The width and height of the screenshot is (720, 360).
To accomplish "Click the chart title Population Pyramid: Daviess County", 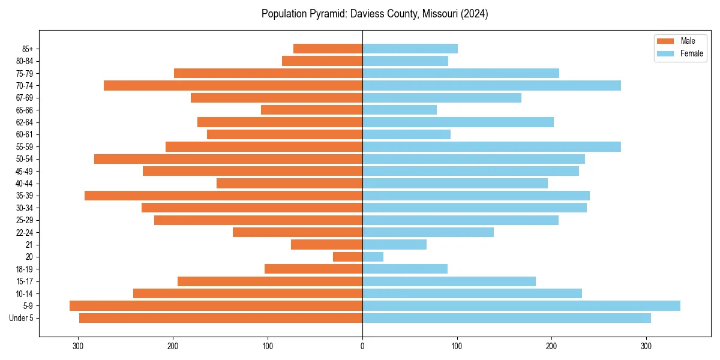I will [374, 14].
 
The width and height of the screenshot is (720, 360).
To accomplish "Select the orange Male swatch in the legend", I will [665, 41].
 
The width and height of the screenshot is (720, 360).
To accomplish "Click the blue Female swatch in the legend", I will [665, 53].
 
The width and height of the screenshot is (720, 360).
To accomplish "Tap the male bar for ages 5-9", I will [216, 306].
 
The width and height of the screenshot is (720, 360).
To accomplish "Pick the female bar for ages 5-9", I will [521, 306].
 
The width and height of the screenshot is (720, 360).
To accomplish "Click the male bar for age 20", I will [347, 257].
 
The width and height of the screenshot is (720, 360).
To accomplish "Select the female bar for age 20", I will [373, 257].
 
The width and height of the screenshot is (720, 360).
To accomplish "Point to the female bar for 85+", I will [410, 49].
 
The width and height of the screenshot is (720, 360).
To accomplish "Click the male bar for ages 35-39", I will [223, 196].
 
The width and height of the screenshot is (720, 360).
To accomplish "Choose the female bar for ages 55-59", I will [491, 146].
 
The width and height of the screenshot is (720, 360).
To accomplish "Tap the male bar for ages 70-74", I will [233, 86].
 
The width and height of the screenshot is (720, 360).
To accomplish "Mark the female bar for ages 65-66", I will [400, 110].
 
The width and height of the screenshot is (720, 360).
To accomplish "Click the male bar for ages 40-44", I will [289, 184].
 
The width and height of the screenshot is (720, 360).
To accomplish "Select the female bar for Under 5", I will [506, 318].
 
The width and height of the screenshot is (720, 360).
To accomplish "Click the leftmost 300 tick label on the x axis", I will [78, 346].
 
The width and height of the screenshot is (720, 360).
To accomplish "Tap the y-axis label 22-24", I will [25, 232].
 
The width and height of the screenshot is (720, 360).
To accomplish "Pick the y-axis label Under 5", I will [21, 318].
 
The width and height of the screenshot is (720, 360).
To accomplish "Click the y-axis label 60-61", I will [25, 134].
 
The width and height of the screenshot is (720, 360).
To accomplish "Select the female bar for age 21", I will [394, 245].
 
